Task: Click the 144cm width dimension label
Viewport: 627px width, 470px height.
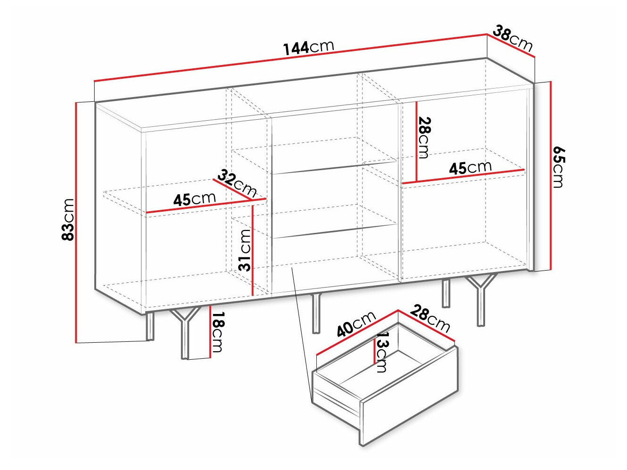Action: pos(308,48)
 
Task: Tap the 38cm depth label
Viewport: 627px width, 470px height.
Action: pos(513,39)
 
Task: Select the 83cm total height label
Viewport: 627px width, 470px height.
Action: pos(68,220)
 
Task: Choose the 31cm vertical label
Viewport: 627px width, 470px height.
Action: pos(245,250)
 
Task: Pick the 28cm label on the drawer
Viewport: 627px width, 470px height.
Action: pos(430,319)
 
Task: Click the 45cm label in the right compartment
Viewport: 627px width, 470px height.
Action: pos(470,168)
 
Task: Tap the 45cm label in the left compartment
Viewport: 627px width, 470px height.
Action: pos(194,199)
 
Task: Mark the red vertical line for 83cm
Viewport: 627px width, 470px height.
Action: pos(76,223)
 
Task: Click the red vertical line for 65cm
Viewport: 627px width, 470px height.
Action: pos(551,176)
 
